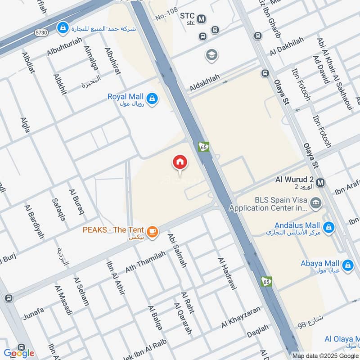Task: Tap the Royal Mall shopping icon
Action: tap(153, 98)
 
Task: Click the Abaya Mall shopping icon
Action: tap(347, 266)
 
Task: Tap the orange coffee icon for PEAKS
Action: tap(153, 231)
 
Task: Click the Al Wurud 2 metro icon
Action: tap(320, 182)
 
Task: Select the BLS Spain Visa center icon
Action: tap(316, 203)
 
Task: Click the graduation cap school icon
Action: tap(211, 55)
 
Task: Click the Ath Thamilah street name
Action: tap(142, 262)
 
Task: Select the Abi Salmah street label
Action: tap(177, 250)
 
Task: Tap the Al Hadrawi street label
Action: tap(227, 274)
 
